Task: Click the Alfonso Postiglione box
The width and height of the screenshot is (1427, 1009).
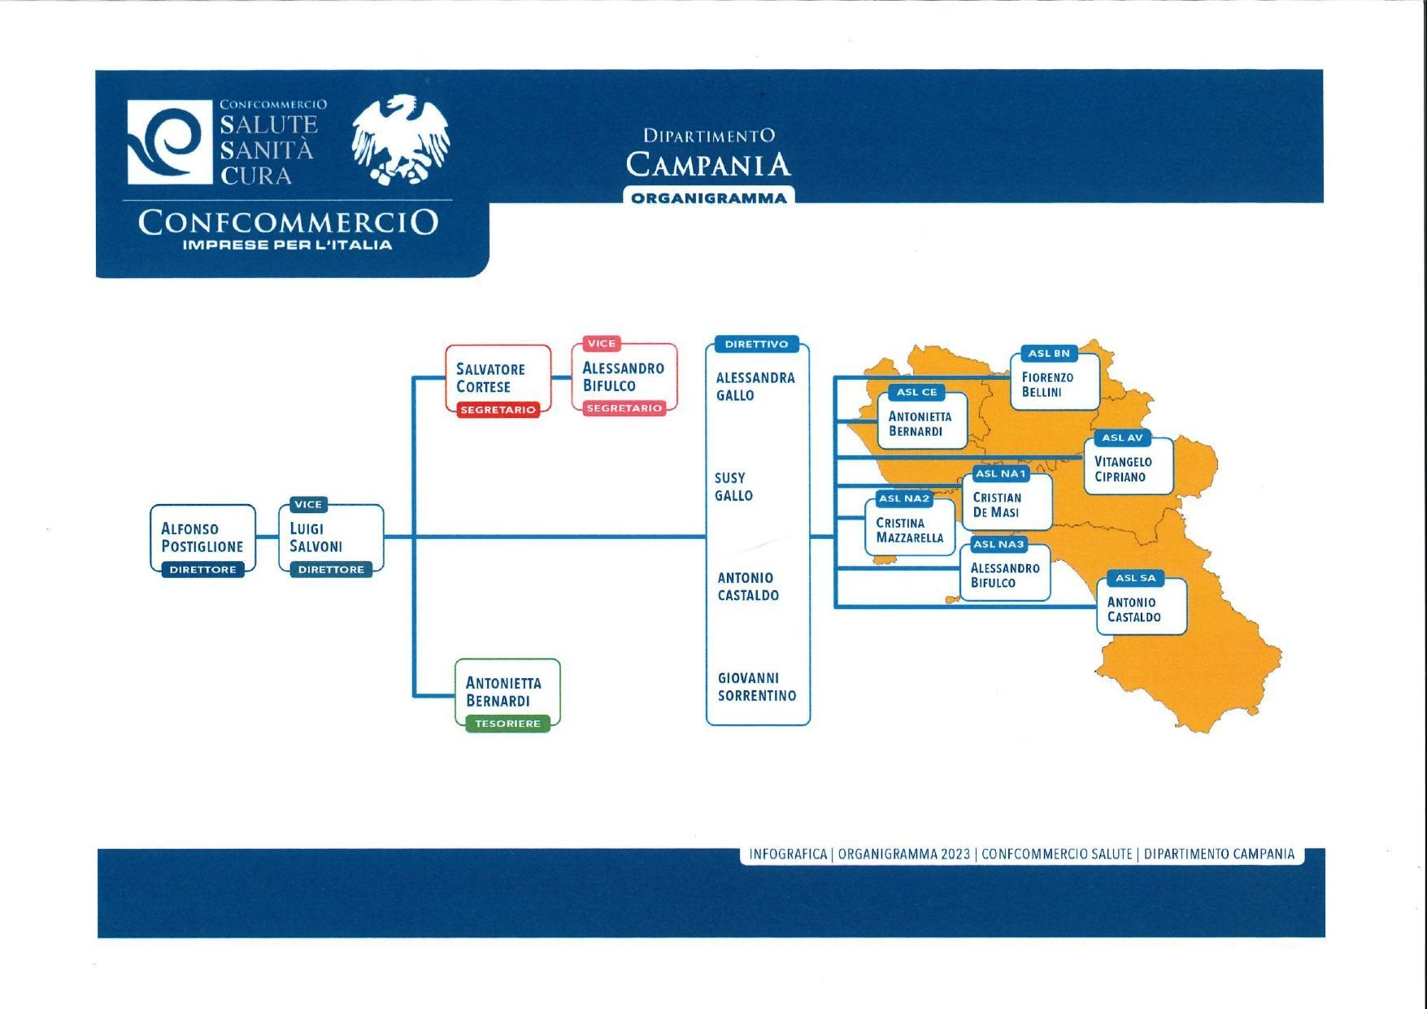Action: [202, 538]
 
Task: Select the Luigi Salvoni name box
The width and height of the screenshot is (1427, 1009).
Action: [331, 538]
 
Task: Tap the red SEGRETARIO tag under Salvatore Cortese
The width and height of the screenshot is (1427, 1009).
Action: [498, 410]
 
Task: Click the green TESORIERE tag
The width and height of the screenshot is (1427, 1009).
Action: [507, 724]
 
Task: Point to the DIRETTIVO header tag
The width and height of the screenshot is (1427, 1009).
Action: [756, 344]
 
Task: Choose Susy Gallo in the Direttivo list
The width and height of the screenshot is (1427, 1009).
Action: [733, 487]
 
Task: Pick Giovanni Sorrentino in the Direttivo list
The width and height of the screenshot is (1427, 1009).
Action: [757, 687]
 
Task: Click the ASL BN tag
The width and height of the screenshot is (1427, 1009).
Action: [1049, 354]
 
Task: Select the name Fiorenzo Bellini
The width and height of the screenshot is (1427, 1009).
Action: [1047, 385]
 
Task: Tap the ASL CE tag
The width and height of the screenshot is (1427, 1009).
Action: [917, 393]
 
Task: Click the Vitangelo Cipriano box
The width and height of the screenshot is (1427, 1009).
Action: [1129, 466]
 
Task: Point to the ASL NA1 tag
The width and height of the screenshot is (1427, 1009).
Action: [1001, 474]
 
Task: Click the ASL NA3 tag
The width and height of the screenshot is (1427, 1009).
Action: [999, 545]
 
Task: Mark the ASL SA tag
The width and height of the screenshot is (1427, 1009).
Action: [1135, 579]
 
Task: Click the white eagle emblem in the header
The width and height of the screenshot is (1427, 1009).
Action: [401, 139]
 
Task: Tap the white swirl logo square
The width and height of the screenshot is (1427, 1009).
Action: [165, 142]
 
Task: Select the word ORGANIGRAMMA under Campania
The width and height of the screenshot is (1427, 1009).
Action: [709, 198]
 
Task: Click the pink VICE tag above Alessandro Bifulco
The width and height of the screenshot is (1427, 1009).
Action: [602, 344]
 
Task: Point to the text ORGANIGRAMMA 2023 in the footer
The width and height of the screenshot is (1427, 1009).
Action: [904, 855]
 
